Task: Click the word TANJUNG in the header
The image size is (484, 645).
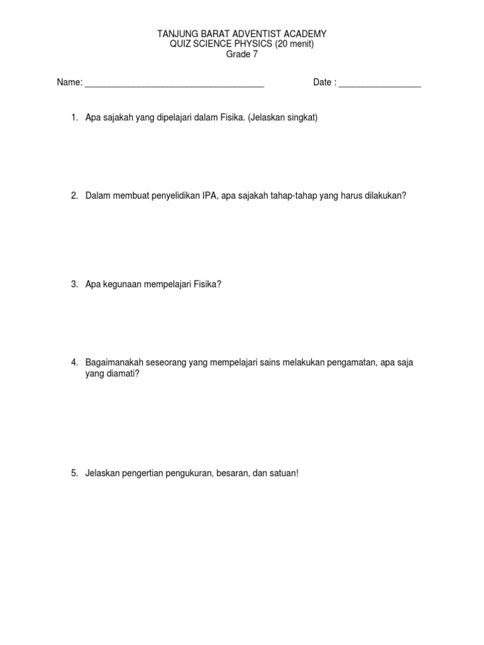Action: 178,33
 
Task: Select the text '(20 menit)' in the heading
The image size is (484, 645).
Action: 293,43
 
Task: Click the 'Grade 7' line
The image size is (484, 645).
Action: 242,54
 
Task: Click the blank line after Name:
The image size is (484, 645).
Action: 174,84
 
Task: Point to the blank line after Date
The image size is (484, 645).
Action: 379,84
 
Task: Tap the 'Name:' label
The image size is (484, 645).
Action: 69,83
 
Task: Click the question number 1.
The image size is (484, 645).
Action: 74,118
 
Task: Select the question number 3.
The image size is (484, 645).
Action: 74,284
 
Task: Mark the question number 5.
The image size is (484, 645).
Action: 74,473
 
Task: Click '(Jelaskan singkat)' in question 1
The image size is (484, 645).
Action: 283,118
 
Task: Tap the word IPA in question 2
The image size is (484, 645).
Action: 210,196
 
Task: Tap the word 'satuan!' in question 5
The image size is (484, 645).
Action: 284,473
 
